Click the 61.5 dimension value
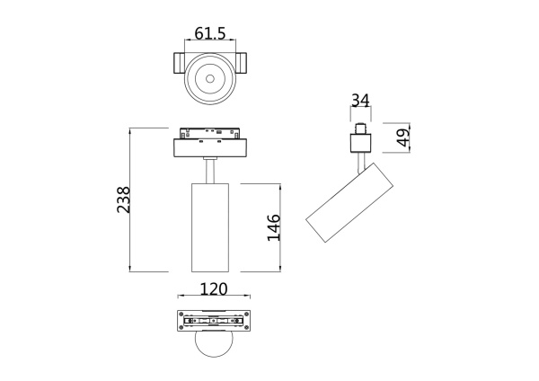[209, 33]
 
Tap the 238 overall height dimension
[124, 199]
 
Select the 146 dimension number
[274, 228]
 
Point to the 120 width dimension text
[212, 289]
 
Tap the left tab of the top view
[178, 64]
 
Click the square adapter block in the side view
[360, 142]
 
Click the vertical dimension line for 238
[132, 199]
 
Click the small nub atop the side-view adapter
[360, 128]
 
